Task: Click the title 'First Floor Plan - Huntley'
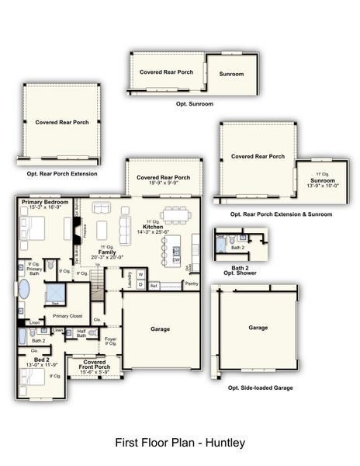pyautogui.click(x=180, y=443)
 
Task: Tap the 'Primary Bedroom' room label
pyautogui.click(x=45, y=202)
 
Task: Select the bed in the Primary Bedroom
pyautogui.click(x=36, y=230)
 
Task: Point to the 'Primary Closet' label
pyautogui.click(x=68, y=316)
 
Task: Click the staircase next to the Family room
pyautogui.click(x=98, y=290)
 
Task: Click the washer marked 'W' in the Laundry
pyautogui.click(x=140, y=274)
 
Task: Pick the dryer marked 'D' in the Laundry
pyautogui.click(x=140, y=284)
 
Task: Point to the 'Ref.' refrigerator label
pyautogui.click(x=154, y=286)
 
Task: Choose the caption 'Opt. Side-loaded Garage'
pyautogui.click(x=260, y=387)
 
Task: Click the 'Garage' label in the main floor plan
pyautogui.click(x=161, y=329)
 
